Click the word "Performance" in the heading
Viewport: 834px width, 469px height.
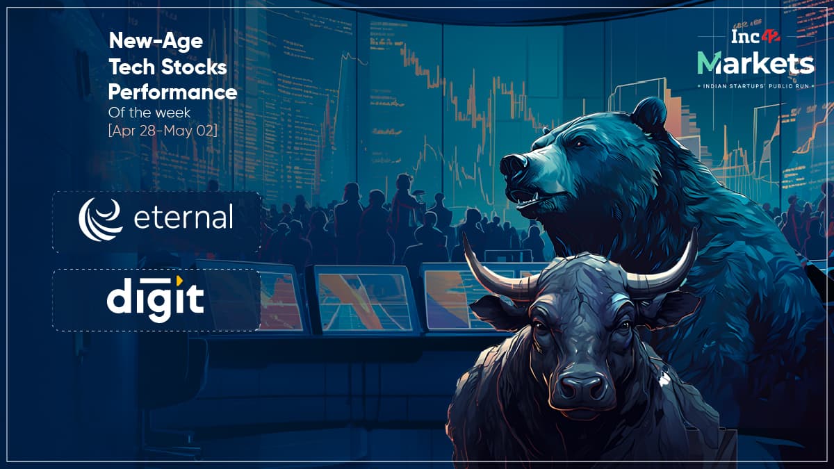172,92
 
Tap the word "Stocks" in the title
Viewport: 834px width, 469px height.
194,67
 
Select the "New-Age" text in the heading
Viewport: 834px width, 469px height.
156,41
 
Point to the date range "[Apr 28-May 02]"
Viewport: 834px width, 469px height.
163,131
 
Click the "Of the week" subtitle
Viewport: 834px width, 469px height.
149,113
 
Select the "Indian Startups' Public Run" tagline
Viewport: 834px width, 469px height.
756,86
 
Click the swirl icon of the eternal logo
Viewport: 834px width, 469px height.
100,220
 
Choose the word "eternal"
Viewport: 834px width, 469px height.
183,217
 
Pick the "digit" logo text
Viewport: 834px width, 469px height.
155,299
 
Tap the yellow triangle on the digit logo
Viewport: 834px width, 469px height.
179,279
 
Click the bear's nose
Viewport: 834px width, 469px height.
514,165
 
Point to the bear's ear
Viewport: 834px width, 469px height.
650,113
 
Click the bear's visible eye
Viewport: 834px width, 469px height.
580,143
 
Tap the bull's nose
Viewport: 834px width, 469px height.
582,387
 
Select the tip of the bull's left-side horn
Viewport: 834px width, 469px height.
465,236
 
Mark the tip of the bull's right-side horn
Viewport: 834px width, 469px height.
695,230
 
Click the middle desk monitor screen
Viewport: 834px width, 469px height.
365,301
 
